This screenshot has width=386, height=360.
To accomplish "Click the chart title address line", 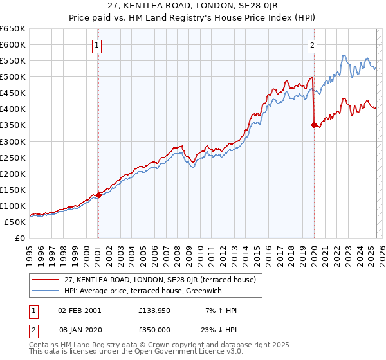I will pos(193,7).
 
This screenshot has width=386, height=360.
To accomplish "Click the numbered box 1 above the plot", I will pos(97,45).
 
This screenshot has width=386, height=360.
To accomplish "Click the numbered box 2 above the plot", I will pos(312,45).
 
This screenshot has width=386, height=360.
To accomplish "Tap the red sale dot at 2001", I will pos(98,195).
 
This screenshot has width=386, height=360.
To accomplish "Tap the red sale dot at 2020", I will pos(314,125).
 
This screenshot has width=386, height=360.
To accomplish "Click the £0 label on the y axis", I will pos(20,238).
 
